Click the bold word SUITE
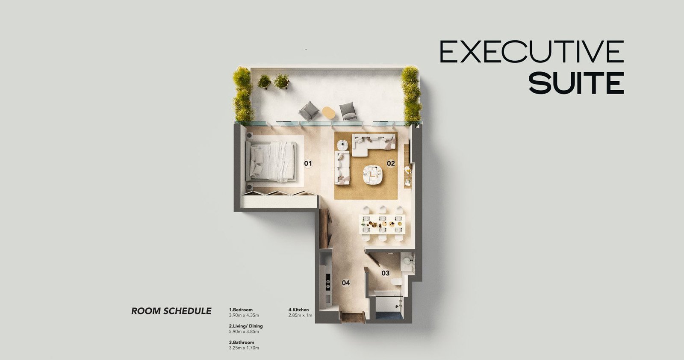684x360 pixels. pyautogui.click(x=577, y=83)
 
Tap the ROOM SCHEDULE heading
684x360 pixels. pyautogui.click(x=171, y=311)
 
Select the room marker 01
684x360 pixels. pyautogui.click(x=308, y=164)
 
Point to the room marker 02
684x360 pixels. pyautogui.click(x=391, y=163)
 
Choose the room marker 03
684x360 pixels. pyautogui.click(x=386, y=273)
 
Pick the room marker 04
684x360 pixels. pyautogui.click(x=346, y=283)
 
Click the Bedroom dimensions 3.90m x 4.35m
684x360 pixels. pyautogui.click(x=244, y=315)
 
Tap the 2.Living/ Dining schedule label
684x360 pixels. pyautogui.click(x=246, y=326)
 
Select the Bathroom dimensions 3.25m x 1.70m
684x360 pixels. pyautogui.click(x=244, y=348)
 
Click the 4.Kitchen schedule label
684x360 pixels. pyautogui.click(x=299, y=310)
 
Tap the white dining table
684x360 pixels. pyautogui.click(x=382, y=224)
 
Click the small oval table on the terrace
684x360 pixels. pyautogui.click(x=328, y=112)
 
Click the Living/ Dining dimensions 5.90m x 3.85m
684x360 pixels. pyautogui.click(x=244, y=332)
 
